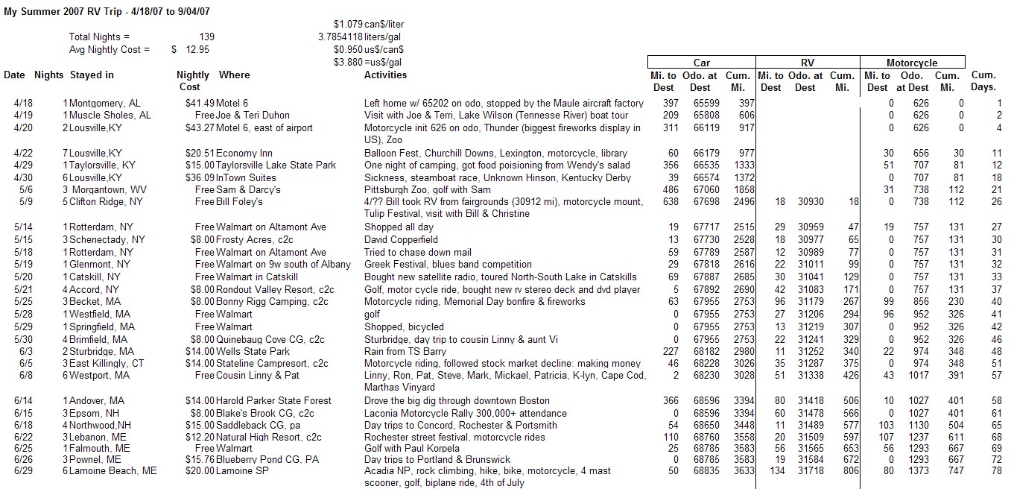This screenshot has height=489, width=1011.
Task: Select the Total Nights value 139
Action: click(x=207, y=37)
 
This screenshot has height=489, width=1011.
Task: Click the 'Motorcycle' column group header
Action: click(x=912, y=63)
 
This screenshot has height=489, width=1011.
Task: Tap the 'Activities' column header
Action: click(x=385, y=75)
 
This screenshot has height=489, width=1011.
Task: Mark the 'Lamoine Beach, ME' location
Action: click(x=112, y=471)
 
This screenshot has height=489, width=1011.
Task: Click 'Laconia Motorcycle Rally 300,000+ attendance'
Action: click(x=465, y=414)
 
